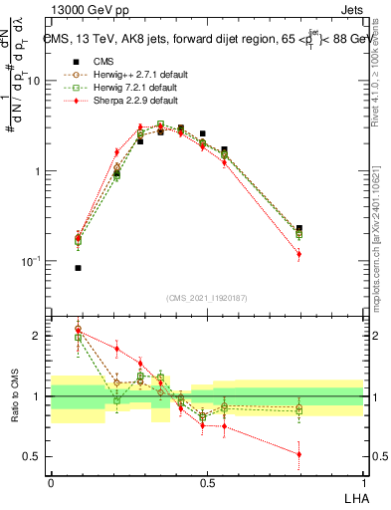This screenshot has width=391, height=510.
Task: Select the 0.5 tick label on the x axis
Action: pyautogui.click(x=207, y=482)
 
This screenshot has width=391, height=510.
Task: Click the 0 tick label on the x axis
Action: pyautogui.click(x=51, y=482)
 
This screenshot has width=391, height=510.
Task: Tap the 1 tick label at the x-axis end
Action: pyautogui.click(x=363, y=482)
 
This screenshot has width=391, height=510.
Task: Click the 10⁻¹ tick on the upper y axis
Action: pyautogui.click(x=33, y=261)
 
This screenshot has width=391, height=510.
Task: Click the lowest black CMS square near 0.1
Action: pyautogui.click(x=78, y=268)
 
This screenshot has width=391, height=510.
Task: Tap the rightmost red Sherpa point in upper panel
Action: pyautogui.click(x=298, y=255)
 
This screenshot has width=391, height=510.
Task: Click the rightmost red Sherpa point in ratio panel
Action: pyautogui.click(x=298, y=454)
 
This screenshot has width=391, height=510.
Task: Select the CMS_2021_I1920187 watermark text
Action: pyautogui.click(x=207, y=299)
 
